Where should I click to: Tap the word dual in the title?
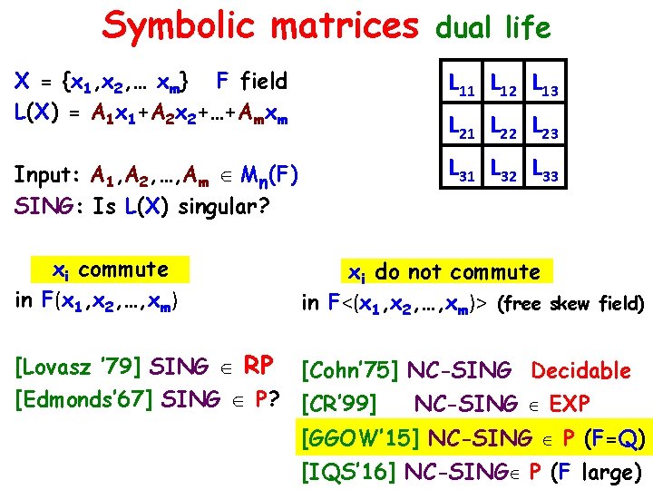pyautogui.click(x=467, y=28)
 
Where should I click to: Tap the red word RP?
pyautogui.click(x=259, y=366)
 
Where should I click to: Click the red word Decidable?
pyautogui.click(x=580, y=370)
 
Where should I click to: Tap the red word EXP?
pyautogui.click(x=570, y=403)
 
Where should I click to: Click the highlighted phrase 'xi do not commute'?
pyautogui.click(x=445, y=272)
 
